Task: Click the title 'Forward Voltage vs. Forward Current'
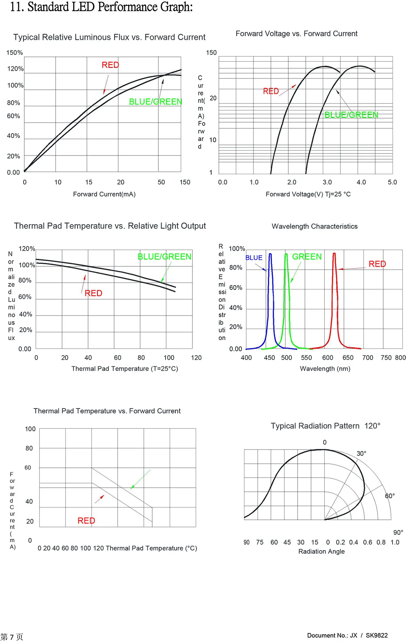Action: [296, 34]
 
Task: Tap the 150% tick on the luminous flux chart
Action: [15, 53]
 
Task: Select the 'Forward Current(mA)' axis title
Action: [104, 194]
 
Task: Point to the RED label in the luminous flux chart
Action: [110, 65]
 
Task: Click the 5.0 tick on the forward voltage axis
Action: [392, 182]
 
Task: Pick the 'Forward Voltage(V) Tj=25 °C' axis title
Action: [308, 194]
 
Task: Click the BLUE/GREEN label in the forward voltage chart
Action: [351, 115]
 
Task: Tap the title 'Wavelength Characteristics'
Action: [315, 226]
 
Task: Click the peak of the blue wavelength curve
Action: [270, 254]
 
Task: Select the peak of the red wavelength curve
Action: [334, 254]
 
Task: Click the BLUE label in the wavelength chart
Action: [254, 258]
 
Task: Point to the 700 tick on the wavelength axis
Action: [367, 358]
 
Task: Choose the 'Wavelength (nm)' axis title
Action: [325, 369]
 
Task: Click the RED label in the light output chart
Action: [93, 293]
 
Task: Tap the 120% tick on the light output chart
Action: [27, 249]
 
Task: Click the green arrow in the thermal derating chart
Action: [140, 479]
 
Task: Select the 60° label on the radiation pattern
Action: [390, 496]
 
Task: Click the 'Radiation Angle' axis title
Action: [322, 551]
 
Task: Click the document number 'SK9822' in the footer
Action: [376, 636]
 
